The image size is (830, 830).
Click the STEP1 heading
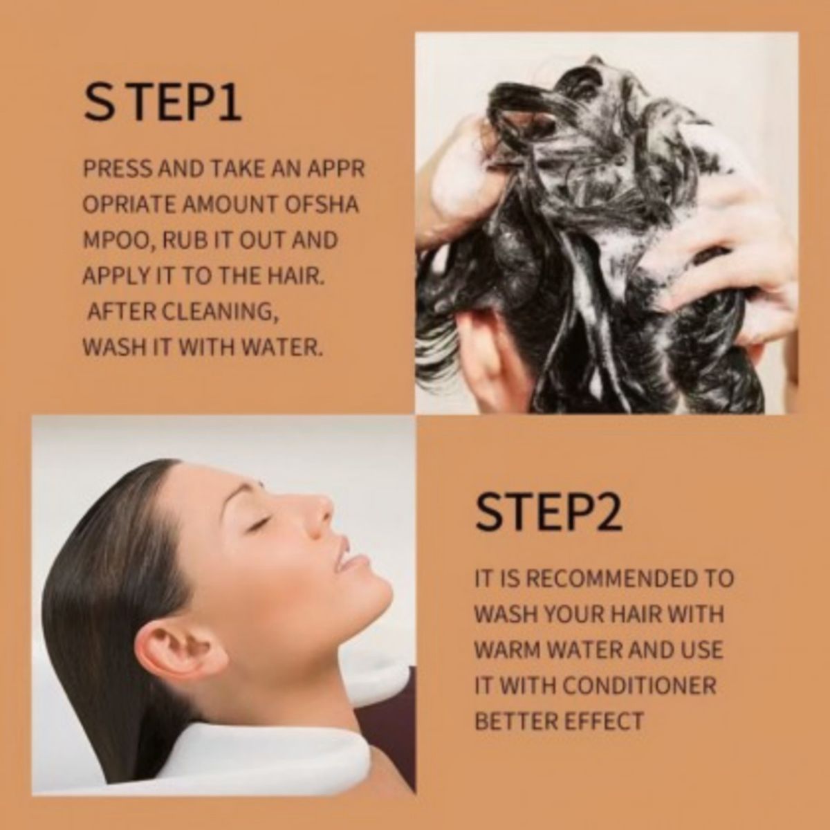tap(163, 103)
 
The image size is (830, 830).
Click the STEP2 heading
tap(548, 513)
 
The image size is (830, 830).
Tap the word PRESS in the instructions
tap(118, 168)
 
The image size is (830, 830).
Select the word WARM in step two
tap(507, 649)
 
